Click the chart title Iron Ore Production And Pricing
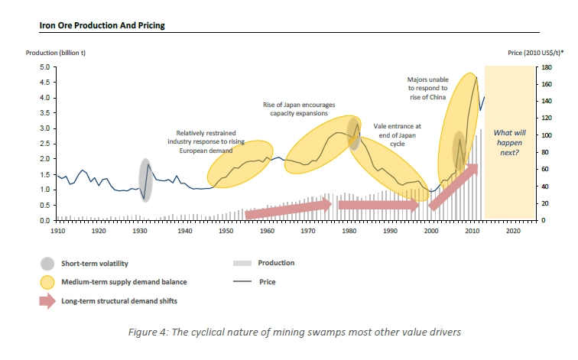102,25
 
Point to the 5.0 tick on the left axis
44,67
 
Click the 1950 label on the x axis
226,230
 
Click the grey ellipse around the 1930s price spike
145,180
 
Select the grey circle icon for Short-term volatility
50,264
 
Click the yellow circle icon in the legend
50,282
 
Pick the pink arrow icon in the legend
50,301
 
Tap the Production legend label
277,263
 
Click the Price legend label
268,282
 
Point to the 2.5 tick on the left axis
44,144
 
